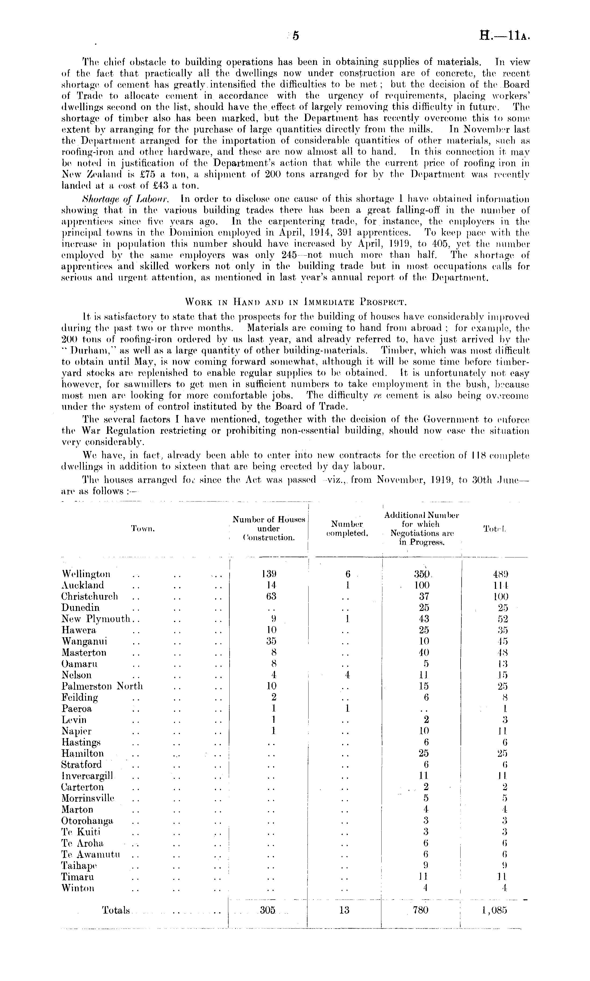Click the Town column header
point(142,529)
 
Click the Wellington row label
point(86,574)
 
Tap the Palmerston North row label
point(102,686)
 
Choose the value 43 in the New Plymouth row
point(421,619)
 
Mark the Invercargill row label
point(88,776)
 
